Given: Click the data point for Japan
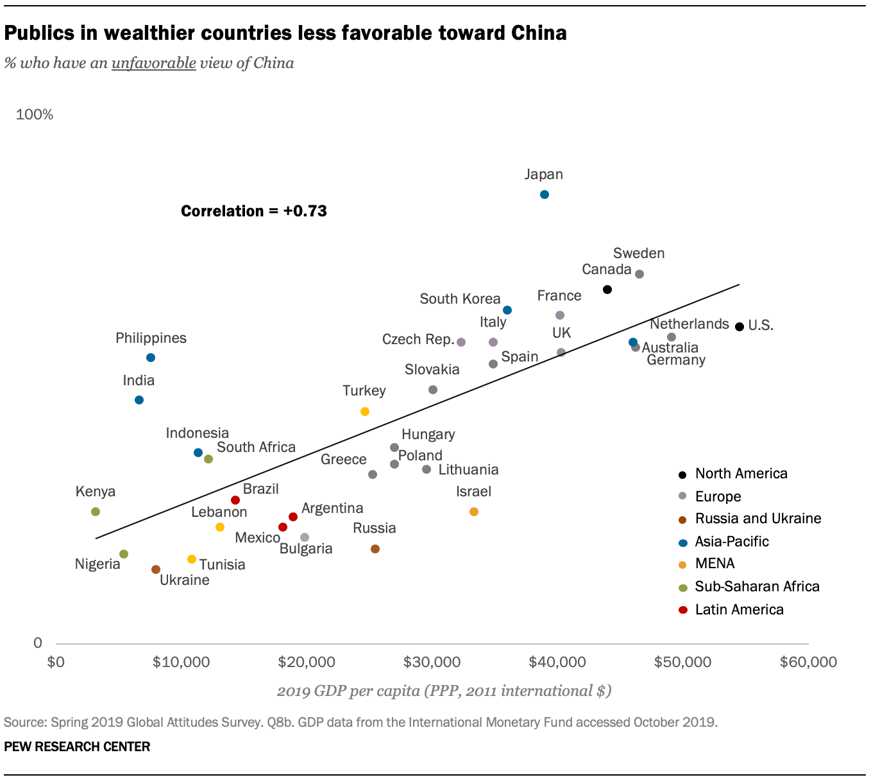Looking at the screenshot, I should point(545,195).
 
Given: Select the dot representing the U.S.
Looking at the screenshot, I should point(740,327).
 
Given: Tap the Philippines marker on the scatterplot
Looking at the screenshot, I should point(151,358).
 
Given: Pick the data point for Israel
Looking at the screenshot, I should point(474,512).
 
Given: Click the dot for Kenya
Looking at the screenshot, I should point(96,512).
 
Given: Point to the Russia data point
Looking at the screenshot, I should point(375,549).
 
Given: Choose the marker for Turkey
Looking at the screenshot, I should point(365,412).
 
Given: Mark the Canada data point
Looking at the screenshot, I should point(607,290).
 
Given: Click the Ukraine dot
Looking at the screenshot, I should point(156,569).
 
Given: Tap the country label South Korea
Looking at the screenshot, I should point(460,299).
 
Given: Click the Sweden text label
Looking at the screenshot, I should point(638,253).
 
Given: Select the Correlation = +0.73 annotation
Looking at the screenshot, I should point(254,211).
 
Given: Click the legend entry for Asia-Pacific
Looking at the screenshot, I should point(731,541).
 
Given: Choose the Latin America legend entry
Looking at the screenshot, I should point(739,609).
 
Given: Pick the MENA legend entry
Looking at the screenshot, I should point(715,563).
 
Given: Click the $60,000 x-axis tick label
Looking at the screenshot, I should point(808,662).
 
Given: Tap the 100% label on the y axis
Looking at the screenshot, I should point(35,114).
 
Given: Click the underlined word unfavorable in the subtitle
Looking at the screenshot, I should point(154,63).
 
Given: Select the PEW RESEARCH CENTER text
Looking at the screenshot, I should point(77,747).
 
